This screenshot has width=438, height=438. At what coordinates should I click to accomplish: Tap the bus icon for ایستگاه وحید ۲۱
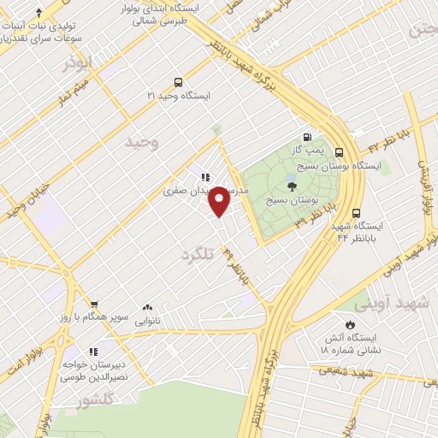[178, 83]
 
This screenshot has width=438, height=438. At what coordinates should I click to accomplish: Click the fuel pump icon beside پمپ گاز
[306, 137]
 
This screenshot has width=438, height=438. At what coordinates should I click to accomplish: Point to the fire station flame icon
[349, 324]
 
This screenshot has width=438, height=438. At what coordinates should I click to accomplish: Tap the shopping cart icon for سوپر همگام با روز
[95, 304]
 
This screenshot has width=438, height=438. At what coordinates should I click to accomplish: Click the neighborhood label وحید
[143, 142]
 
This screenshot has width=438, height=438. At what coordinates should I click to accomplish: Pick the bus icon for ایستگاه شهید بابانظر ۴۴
[356, 214]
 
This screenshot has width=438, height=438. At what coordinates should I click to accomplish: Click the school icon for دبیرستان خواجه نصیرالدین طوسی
[93, 351]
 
